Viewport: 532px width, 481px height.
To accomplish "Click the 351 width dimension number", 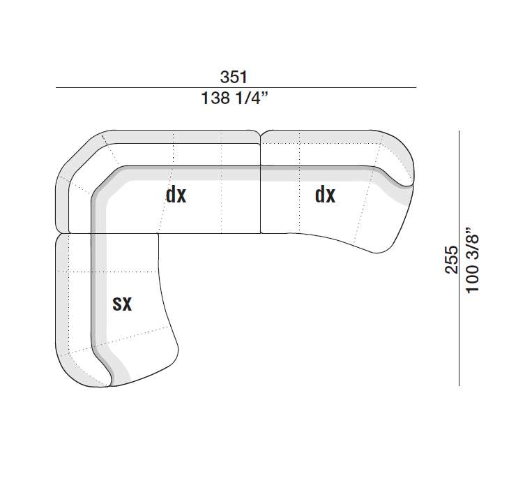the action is tap(234, 77).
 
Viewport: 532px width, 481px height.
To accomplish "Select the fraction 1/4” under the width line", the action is tap(252, 98).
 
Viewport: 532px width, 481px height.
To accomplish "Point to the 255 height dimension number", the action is tap(452, 260).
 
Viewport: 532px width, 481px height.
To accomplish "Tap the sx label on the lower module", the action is tap(122, 304).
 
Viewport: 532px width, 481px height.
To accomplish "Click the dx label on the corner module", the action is tap(176, 195).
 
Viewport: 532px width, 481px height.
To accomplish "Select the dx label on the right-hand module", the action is tap(325, 195).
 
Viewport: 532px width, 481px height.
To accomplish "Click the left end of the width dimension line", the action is tap(56, 88).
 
